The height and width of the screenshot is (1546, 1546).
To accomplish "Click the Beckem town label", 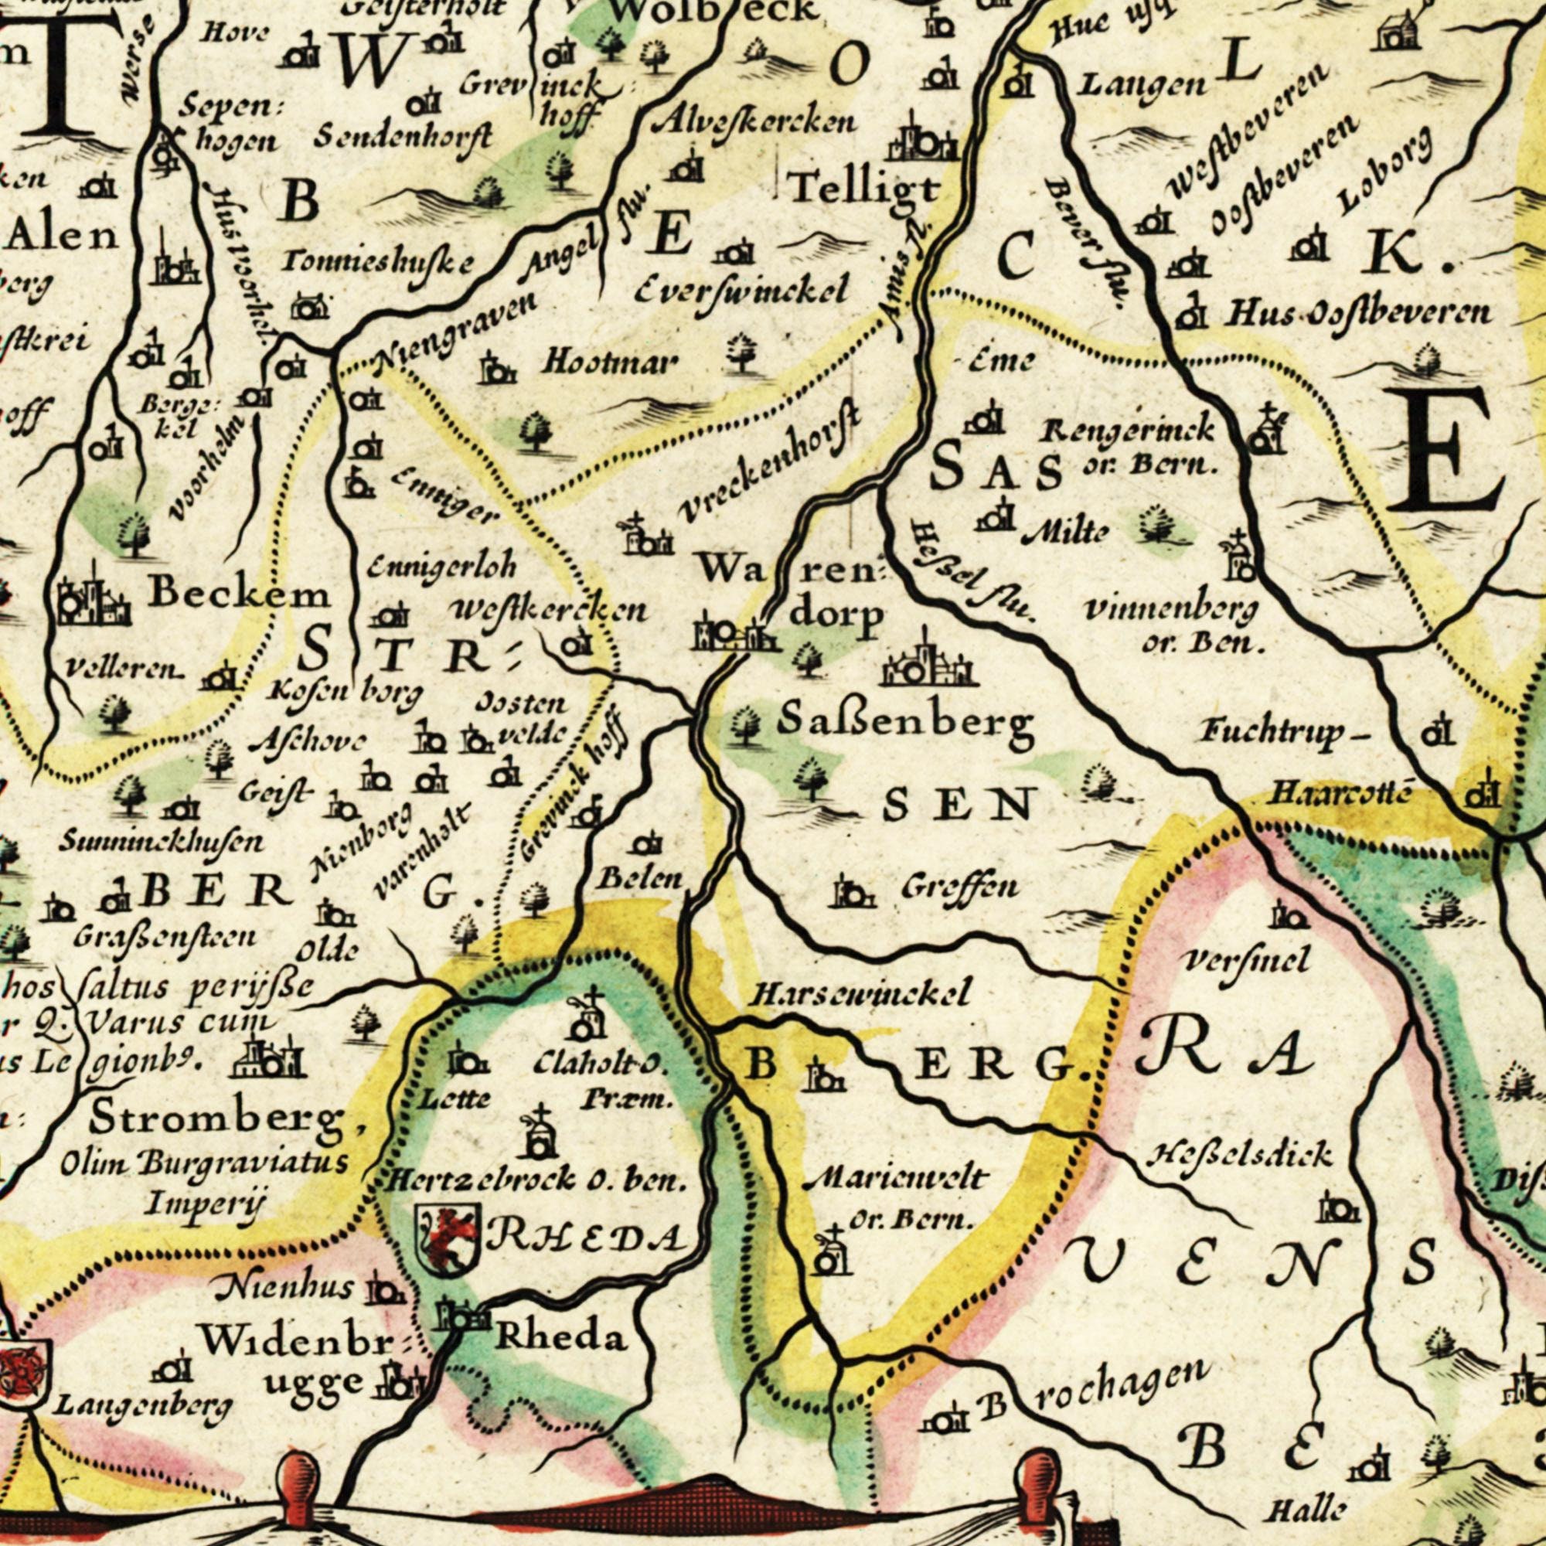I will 240,594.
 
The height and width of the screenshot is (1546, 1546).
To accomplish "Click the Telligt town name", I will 864,189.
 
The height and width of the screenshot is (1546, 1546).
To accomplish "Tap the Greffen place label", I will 961,887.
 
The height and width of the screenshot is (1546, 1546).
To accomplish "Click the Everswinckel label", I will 741,293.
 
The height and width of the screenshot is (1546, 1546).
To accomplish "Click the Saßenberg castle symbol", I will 929,662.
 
